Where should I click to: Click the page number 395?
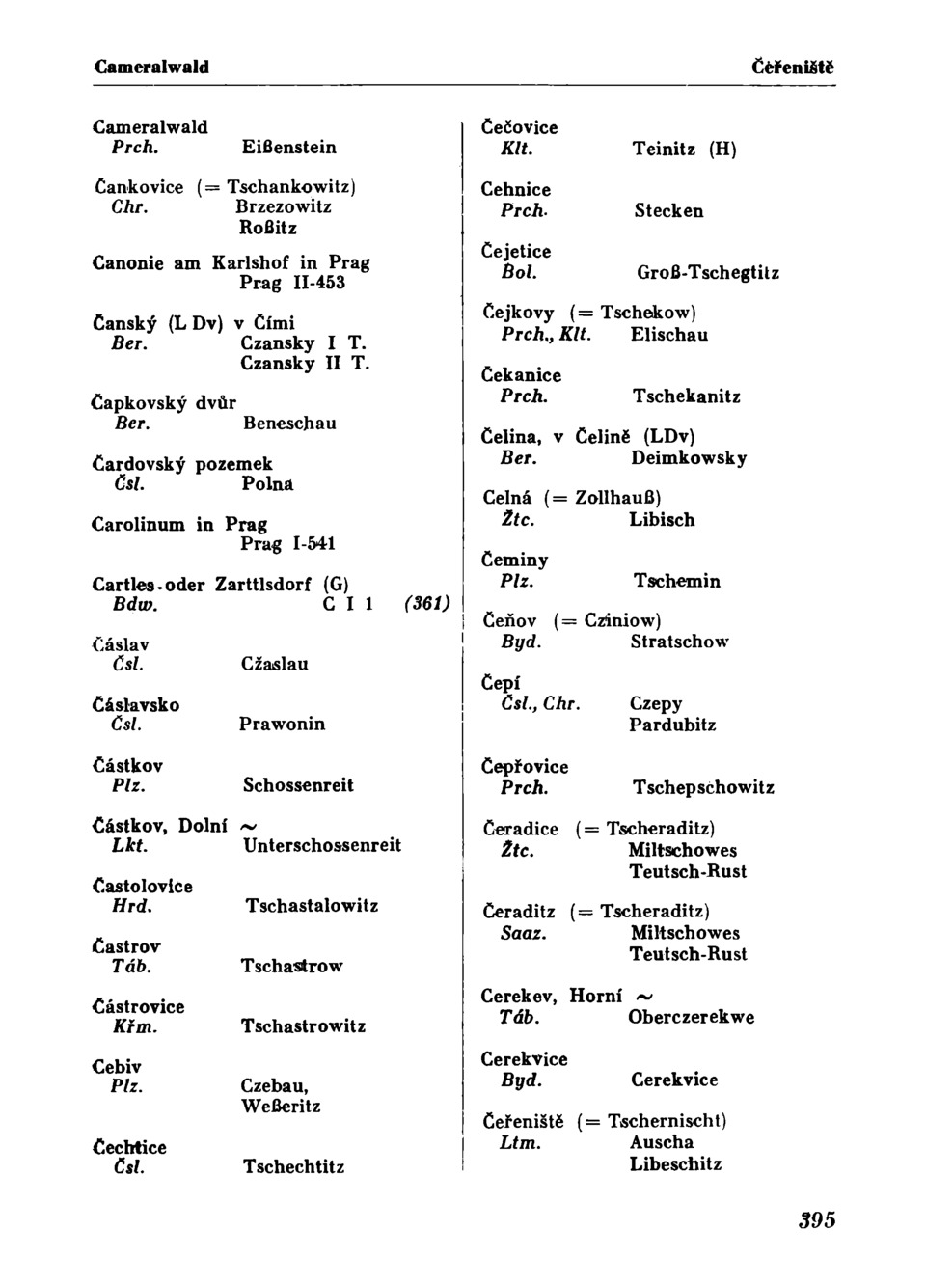(x=816, y=1219)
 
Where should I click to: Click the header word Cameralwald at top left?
(x=151, y=67)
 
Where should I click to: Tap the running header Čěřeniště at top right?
(x=792, y=67)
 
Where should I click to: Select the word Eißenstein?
(x=289, y=148)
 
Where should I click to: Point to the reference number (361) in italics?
(x=426, y=604)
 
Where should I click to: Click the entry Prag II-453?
(x=292, y=283)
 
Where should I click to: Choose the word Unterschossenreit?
(x=322, y=845)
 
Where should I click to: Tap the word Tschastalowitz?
(x=312, y=906)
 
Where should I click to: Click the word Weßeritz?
(x=281, y=1107)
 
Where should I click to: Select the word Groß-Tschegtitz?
(x=708, y=273)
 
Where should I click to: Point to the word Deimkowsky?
(x=689, y=458)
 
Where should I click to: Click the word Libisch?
(x=662, y=520)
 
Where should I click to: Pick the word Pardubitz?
(x=672, y=725)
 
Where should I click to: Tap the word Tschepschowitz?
(x=703, y=788)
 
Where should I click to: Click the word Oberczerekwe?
(x=691, y=1017)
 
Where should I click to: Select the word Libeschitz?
(x=675, y=1163)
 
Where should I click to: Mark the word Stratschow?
(x=679, y=642)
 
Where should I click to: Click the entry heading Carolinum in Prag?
(x=179, y=525)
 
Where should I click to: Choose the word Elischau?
(x=669, y=335)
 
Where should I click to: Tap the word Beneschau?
(x=289, y=424)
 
